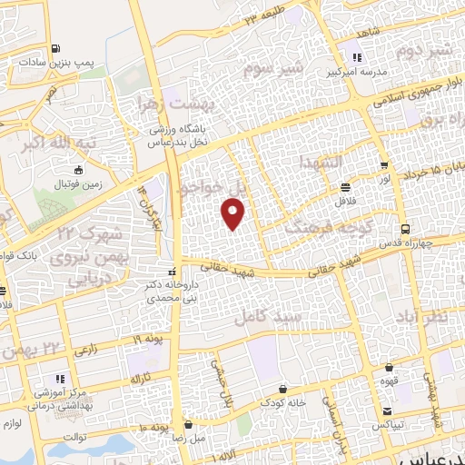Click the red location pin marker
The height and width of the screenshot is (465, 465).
tap(233, 213)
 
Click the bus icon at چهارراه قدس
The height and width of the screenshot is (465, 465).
tap(404, 229)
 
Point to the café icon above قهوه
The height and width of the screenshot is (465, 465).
tap(390, 369)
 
